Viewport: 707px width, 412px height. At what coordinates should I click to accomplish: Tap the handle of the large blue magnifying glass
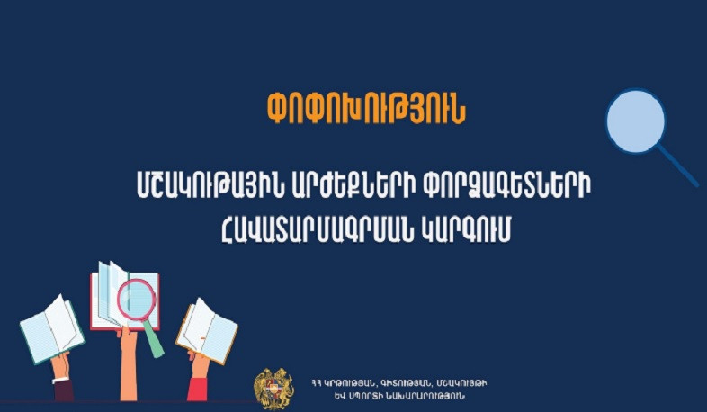[x=679, y=166]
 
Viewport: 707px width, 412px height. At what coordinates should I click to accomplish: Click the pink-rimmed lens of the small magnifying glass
[x=136, y=300]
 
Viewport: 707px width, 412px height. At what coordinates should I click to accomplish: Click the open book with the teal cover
[x=51, y=329]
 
